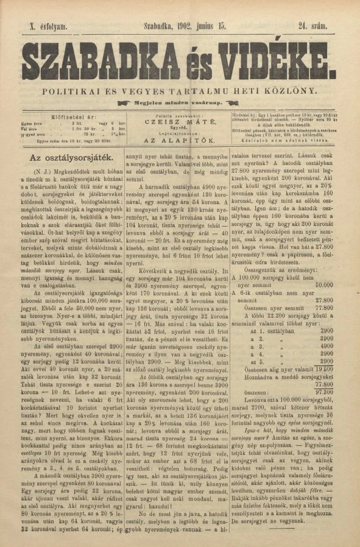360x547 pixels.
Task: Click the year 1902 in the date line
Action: pyautogui.click(x=189, y=26)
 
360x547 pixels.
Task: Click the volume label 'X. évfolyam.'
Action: pyautogui.click(x=46, y=26)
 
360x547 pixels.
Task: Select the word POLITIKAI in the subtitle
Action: pyautogui.click(x=67, y=91)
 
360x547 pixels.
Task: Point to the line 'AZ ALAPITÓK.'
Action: pyautogui.click(x=178, y=139)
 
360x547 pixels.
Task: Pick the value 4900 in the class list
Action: pyautogui.click(x=325, y=345)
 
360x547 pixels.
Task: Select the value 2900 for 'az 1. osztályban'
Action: pyautogui.click(x=325, y=330)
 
